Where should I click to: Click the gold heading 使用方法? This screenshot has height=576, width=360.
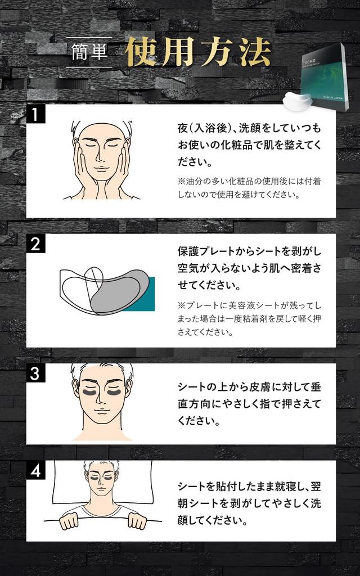click(197, 52)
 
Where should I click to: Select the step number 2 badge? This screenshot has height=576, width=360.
click(35, 245)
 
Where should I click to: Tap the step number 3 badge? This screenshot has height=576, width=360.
click(35, 373)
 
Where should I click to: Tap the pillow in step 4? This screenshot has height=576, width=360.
click(67, 484)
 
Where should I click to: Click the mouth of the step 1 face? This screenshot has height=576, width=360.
click(102, 169)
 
